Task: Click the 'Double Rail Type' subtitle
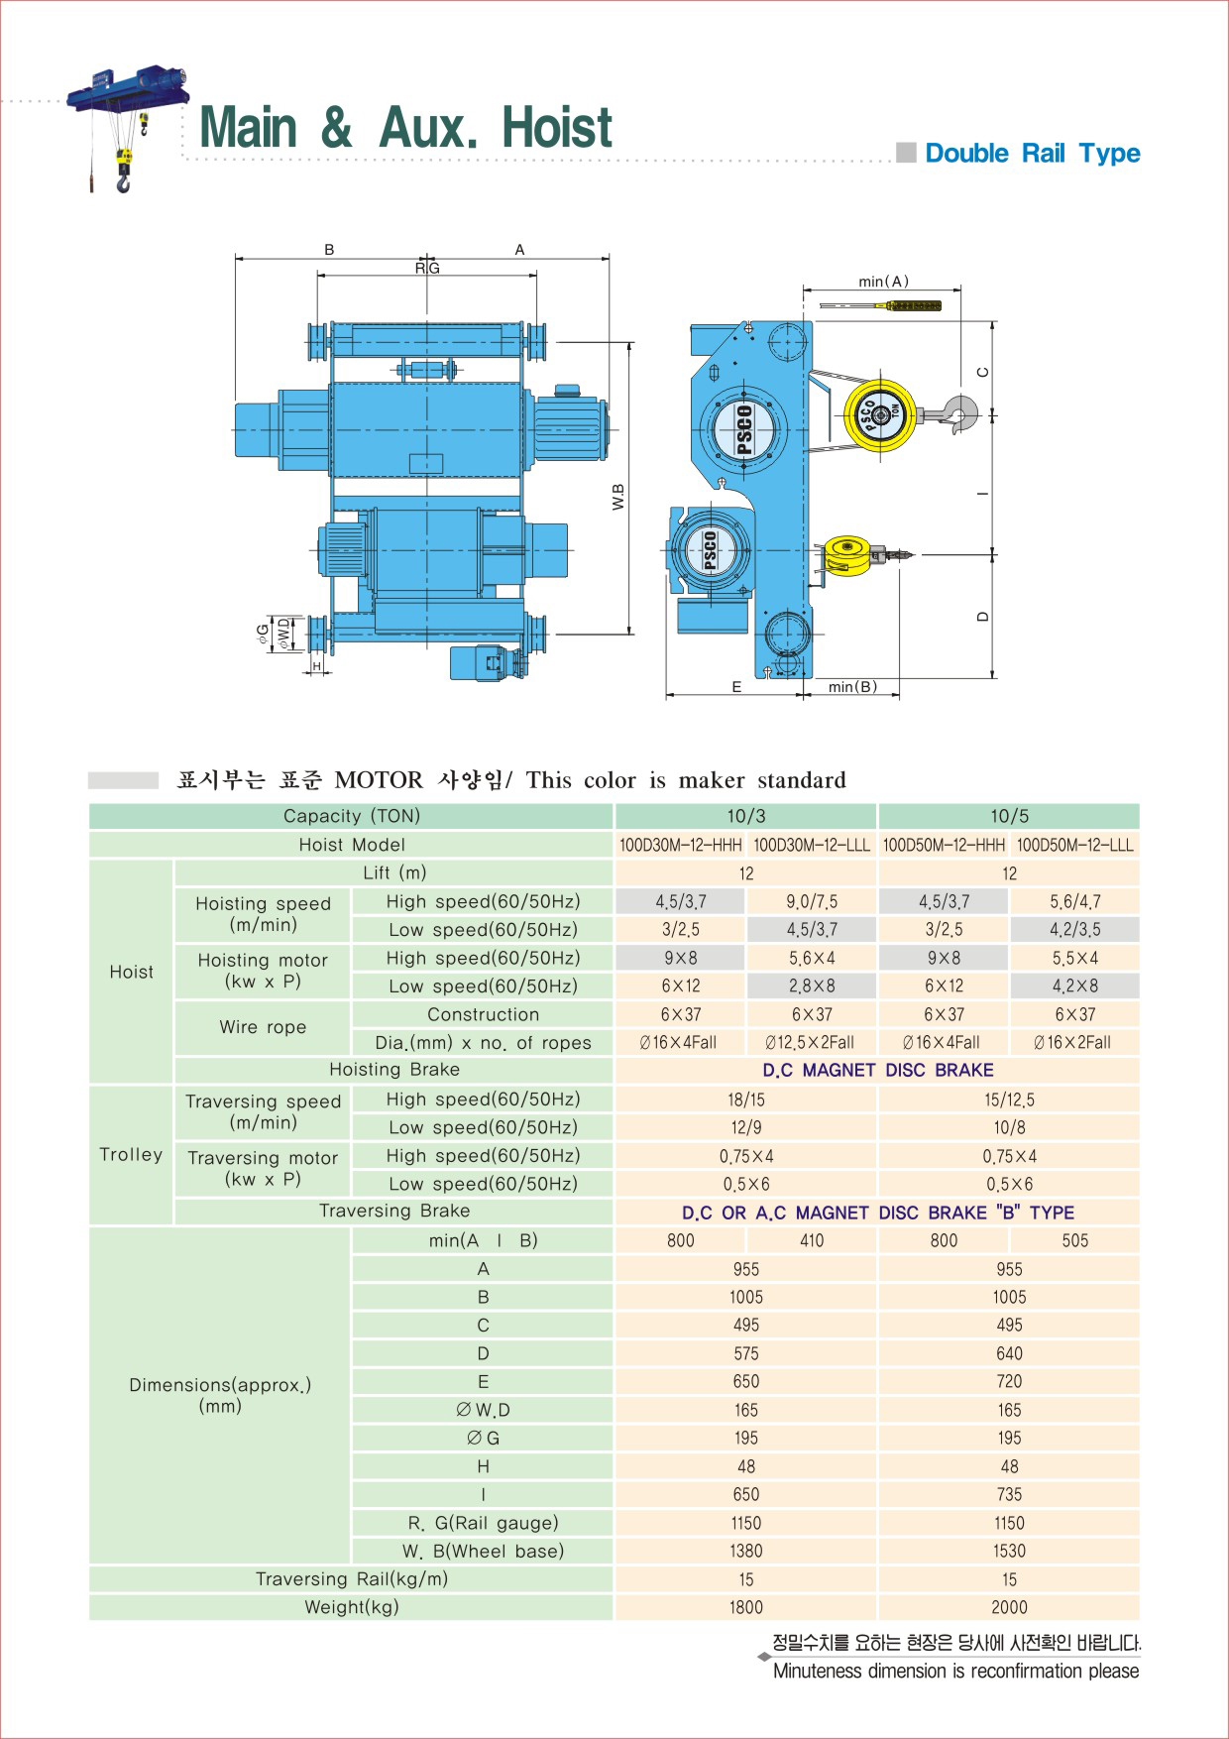point(1032,154)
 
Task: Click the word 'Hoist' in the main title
point(557,128)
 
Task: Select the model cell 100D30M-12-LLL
point(812,845)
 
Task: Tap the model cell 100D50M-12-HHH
point(944,845)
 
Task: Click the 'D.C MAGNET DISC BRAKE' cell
point(877,1071)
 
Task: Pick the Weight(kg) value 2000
point(1009,1608)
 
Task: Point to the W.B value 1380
point(746,1552)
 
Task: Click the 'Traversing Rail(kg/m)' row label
point(352,1579)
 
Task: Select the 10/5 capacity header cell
point(1009,816)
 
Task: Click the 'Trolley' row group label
point(131,1155)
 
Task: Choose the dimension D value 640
point(1009,1354)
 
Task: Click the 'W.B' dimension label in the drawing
point(618,497)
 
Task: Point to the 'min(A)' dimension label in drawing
point(883,282)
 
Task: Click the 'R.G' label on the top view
point(427,268)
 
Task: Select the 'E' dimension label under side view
point(736,686)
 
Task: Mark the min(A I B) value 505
point(1075,1241)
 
